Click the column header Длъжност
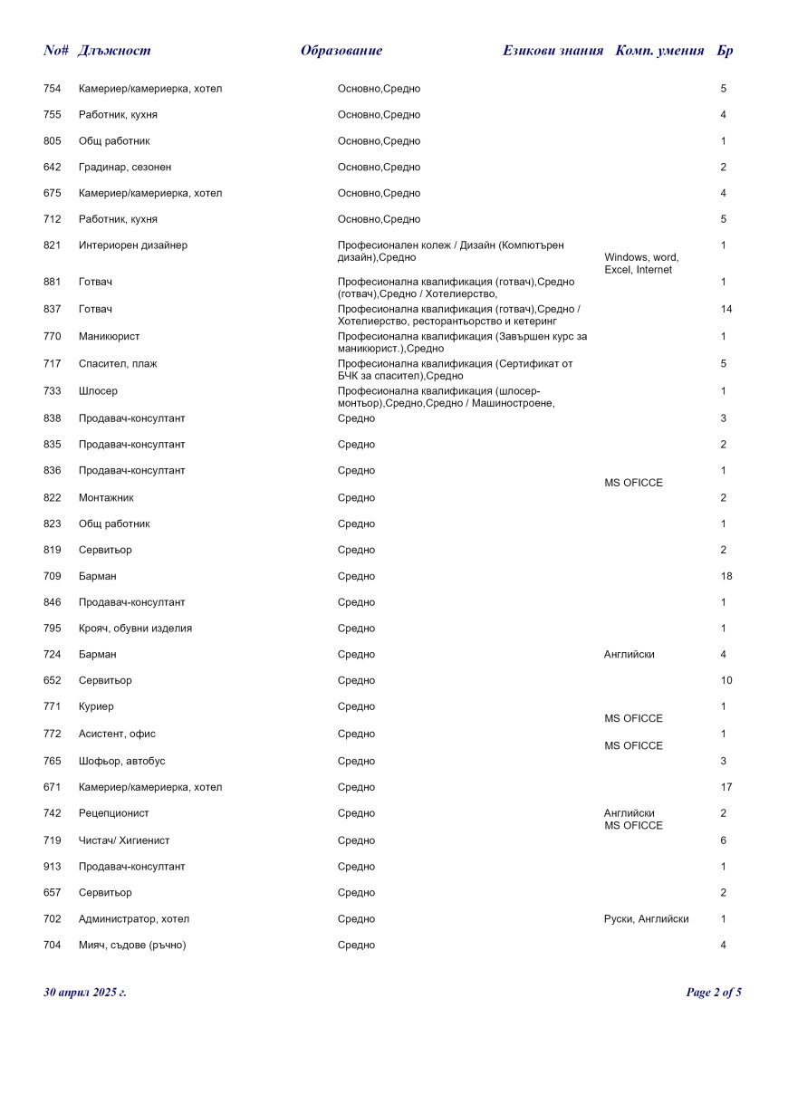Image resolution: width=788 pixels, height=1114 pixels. point(114,51)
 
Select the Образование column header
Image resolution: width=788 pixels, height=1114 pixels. point(341,51)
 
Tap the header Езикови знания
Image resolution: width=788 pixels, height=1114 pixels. point(553,51)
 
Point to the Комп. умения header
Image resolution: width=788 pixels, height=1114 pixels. point(659,51)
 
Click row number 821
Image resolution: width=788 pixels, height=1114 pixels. point(53,245)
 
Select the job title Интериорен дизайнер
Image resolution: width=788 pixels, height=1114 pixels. point(133,245)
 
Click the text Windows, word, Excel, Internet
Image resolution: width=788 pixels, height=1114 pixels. point(641,264)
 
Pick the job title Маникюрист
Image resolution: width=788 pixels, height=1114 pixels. point(109,336)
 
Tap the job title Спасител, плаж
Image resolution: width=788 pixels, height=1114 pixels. point(118,363)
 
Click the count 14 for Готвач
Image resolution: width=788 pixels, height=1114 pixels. point(726,309)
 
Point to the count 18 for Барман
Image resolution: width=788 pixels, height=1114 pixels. point(726,576)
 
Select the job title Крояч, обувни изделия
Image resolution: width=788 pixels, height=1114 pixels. point(135,629)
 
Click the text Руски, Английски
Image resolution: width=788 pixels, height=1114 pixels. point(646,919)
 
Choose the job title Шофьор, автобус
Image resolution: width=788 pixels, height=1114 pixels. point(121,761)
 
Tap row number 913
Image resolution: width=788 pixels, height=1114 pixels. point(53,867)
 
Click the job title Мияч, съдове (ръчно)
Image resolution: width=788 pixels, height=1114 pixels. point(138,946)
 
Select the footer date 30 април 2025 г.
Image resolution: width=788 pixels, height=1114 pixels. point(85,993)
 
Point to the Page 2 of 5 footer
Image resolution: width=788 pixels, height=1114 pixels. point(714,993)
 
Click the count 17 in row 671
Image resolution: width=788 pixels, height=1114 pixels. point(726,787)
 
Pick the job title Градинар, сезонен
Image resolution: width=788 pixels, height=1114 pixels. point(125,168)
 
